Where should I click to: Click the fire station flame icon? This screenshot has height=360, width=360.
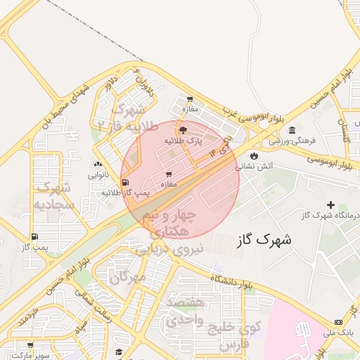253,156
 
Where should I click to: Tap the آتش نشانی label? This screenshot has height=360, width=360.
252,167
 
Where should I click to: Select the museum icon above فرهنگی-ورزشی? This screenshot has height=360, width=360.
292,130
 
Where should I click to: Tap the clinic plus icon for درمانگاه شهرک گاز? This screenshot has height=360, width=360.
330,205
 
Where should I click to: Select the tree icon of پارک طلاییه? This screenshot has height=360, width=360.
184,130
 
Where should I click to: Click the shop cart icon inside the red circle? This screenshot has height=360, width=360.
168,174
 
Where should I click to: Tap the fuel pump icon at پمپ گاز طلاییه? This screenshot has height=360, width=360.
125,183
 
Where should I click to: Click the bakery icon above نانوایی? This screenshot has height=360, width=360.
97,165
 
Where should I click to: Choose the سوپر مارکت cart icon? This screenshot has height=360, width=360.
30,345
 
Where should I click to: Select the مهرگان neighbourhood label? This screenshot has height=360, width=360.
128,276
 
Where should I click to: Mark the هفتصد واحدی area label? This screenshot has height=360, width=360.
186,310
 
